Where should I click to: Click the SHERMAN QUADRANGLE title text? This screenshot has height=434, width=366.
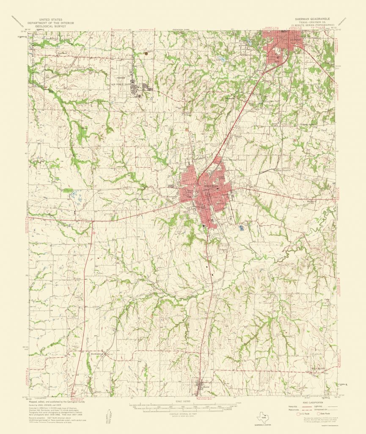(x=315, y=19)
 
